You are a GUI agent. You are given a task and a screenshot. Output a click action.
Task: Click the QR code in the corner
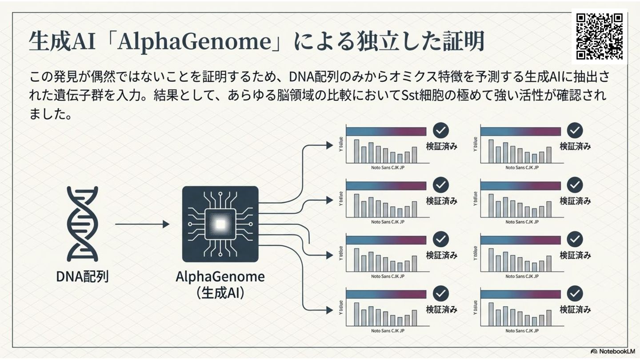600,36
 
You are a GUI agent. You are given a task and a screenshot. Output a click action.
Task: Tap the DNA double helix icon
82,224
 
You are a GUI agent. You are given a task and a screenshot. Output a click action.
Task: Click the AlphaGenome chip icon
220,224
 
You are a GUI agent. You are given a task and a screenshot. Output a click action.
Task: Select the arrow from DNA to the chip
142,224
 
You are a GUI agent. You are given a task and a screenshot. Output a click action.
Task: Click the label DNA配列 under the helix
82,276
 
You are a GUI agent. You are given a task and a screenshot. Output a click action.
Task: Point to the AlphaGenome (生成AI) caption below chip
220,284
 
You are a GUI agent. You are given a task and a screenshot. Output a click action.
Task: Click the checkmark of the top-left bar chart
441,130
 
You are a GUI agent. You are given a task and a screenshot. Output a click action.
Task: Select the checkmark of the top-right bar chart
575,130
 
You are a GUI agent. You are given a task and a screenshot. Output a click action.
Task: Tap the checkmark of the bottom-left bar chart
441,294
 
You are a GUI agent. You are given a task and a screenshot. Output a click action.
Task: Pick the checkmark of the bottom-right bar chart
575,294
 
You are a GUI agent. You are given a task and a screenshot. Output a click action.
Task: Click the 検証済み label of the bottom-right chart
575,310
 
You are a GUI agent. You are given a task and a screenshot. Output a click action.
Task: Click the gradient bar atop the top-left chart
386,131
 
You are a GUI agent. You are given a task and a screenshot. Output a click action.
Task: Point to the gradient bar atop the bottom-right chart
520,295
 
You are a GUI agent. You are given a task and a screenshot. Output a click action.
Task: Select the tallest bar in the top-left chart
356,151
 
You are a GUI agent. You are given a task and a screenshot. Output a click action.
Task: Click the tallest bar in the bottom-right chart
491,314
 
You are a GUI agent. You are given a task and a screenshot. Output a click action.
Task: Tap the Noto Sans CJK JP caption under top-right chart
522,168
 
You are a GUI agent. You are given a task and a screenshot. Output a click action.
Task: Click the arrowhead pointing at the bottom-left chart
329,310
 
